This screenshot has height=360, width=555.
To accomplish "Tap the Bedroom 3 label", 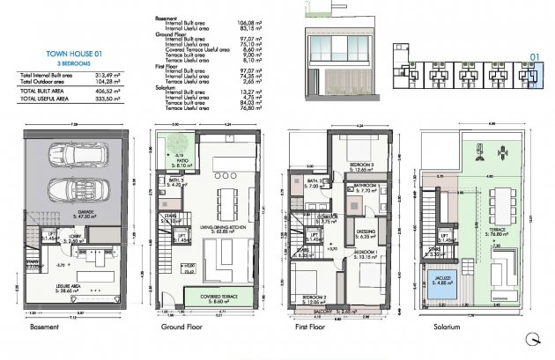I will click(362, 166).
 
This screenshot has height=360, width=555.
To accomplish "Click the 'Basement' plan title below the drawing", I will click(44, 327).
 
